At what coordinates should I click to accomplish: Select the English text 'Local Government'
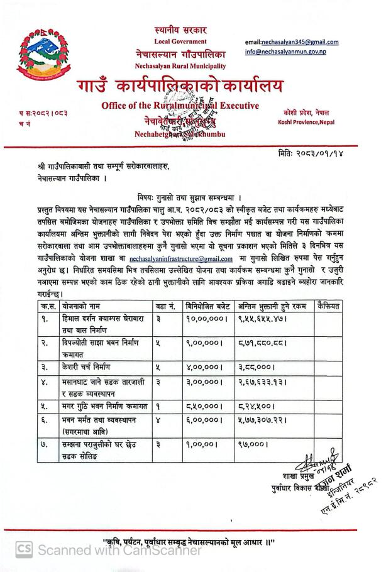point(180,41)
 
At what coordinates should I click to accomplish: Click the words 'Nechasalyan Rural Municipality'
point(180,65)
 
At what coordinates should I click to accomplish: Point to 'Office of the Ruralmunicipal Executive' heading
point(180,106)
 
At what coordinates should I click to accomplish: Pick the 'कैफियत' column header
point(328,306)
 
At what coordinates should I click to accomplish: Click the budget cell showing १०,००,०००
point(206,319)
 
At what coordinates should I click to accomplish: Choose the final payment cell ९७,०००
point(254,444)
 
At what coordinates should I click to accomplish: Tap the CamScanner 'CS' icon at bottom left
point(24,549)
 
